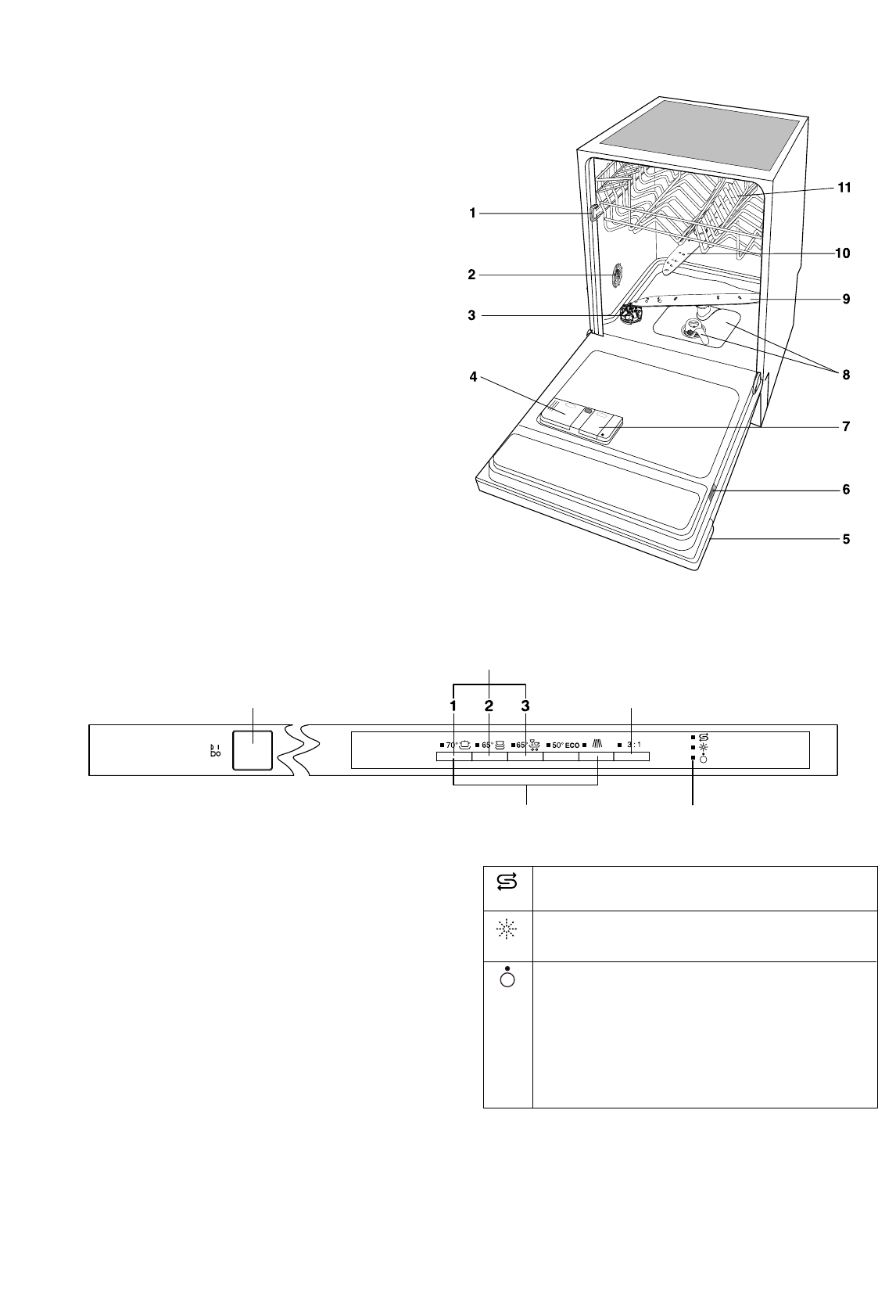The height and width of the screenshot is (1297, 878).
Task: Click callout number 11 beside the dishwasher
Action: (844, 189)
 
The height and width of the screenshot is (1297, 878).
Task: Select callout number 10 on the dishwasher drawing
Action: (842, 253)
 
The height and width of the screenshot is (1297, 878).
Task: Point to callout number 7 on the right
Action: (846, 427)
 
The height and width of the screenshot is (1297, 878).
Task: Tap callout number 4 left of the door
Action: (473, 378)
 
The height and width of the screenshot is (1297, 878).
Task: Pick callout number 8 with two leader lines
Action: (846, 375)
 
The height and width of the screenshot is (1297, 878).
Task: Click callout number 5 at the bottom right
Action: (846, 539)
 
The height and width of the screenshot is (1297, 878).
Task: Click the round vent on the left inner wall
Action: (617, 275)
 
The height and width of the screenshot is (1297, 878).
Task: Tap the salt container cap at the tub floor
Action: (627, 315)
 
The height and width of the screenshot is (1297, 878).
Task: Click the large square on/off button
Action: (253, 750)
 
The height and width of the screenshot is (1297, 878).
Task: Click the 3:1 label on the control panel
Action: (634, 745)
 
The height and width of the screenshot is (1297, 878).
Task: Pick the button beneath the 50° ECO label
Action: (561, 756)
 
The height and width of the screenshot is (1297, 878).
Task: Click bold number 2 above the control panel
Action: (489, 706)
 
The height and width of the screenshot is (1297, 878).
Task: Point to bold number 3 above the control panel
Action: (525, 706)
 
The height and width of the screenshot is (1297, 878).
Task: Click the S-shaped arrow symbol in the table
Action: (507, 882)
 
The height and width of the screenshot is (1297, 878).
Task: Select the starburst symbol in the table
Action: (507, 929)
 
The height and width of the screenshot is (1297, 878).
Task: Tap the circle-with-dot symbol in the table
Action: (507, 977)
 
